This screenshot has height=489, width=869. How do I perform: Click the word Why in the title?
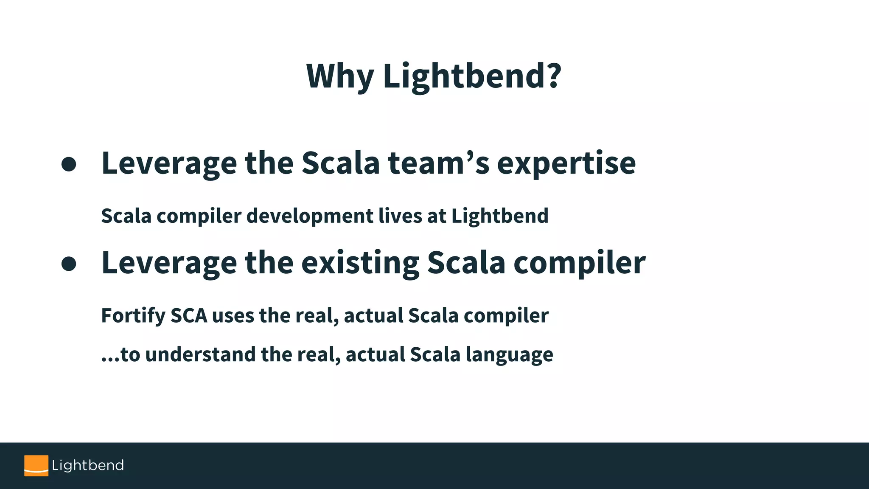coord(339,76)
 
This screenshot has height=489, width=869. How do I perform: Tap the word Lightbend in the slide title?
coord(465,76)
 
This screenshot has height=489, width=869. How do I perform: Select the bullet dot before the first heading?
coord(69,164)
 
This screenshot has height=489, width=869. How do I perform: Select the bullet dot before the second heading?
coord(69,264)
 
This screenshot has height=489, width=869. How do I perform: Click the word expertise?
coord(566,164)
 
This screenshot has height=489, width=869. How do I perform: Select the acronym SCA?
coord(189,316)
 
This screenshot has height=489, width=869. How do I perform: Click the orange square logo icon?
coord(36,466)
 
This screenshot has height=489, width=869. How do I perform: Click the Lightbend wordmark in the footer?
coord(88,465)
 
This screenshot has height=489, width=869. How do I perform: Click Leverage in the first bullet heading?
coord(169,164)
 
